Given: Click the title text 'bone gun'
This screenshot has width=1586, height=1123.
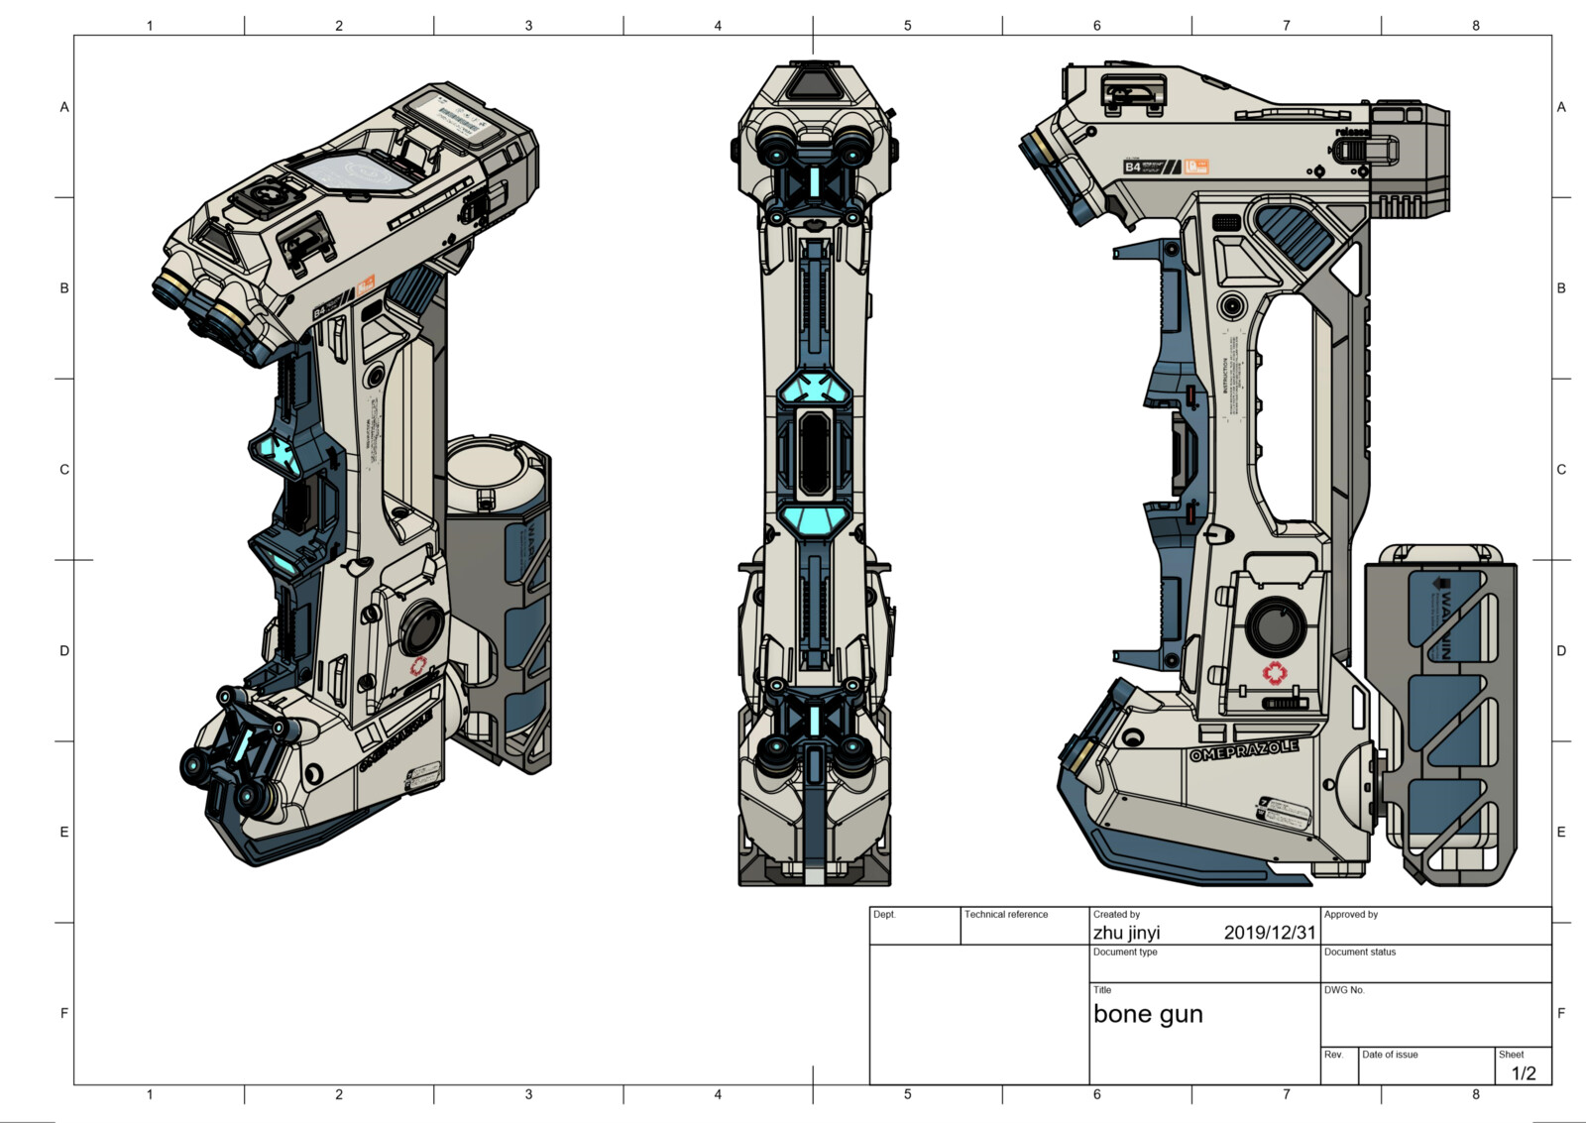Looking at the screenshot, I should coord(1147,1014).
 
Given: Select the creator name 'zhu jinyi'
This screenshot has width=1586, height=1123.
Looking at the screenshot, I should coord(1126,933).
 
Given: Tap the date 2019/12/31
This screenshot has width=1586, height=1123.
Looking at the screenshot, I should coord(1269,933).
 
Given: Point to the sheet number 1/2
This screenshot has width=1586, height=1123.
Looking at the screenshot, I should coord(1523,1073).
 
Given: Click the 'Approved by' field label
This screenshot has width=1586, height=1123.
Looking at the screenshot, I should coord(1350,914).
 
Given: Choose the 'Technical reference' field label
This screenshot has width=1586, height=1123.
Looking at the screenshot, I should coord(1005,914).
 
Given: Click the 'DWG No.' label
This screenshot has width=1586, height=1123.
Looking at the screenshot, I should coord(1343,990).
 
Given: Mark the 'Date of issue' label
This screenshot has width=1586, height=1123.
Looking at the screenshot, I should coord(1389,1055).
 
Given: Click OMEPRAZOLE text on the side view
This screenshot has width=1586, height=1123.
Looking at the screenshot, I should coord(1243,750).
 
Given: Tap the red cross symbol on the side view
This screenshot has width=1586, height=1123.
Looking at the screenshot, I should coord(1273,674).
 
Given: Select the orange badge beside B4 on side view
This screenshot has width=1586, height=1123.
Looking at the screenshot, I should coord(1197,167).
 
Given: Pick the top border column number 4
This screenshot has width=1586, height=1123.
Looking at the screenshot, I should coord(718,25).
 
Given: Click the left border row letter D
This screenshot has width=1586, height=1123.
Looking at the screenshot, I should coord(64,651).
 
